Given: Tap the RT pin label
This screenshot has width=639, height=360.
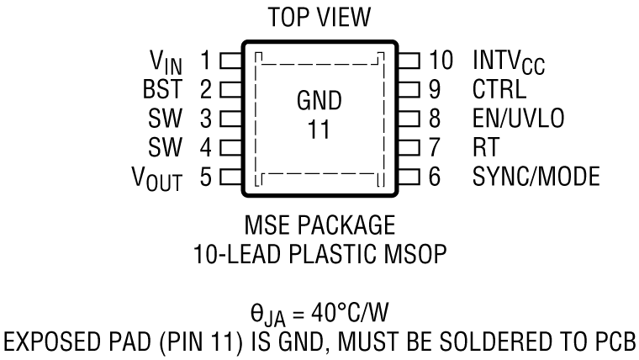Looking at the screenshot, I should pyautogui.click(x=486, y=147).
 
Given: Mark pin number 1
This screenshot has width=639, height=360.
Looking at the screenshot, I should pyautogui.click(x=205, y=61).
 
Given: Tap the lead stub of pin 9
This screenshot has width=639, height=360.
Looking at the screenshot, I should pyautogui.click(x=408, y=87).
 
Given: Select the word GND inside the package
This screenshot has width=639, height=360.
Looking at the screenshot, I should pyautogui.click(x=319, y=102).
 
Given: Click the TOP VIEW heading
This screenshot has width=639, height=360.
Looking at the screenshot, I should pyautogui.click(x=319, y=18).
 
